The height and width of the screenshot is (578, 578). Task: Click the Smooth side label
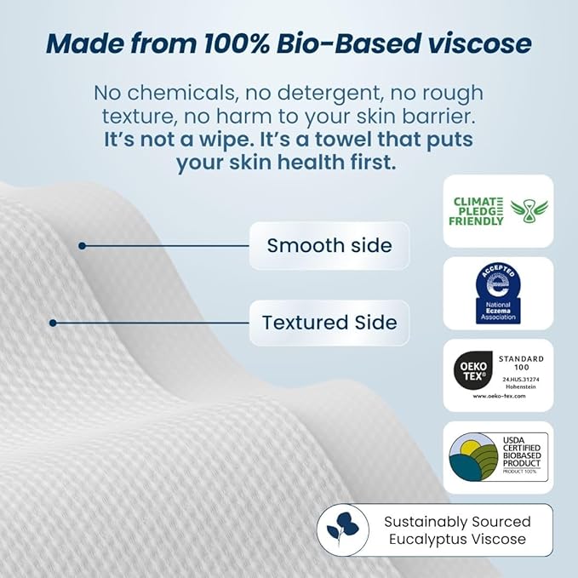point(329,246)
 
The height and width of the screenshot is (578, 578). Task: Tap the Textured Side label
point(329,323)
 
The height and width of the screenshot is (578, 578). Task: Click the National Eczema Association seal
point(498,293)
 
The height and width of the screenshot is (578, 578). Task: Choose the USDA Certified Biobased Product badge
point(499,457)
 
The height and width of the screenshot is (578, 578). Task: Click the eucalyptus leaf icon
point(343,530)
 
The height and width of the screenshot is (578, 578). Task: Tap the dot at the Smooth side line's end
point(82,246)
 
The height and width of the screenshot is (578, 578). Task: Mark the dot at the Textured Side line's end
point(53,323)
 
